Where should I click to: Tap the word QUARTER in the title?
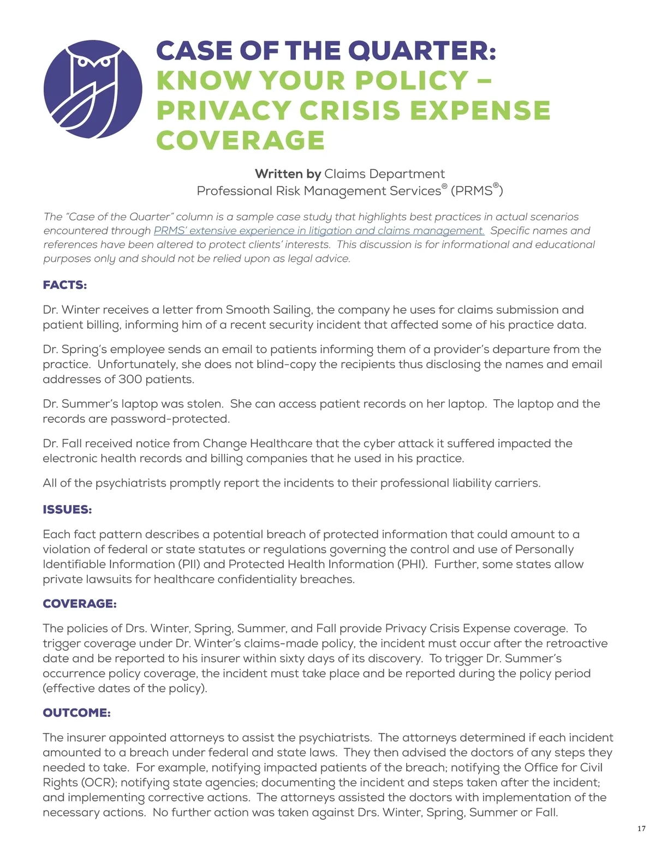tap(422, 51)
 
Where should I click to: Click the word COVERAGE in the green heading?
tap(241, 140)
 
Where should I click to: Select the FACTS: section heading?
tap(65, 285)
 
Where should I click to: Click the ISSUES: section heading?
tap(68, 509)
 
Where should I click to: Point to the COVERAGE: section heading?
tap(80, 604)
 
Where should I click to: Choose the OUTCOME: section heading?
tap(77, 713)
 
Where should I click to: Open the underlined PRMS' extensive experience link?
tap(319, 231)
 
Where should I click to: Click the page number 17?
tap(641, 829)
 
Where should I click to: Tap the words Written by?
tap(288, 174)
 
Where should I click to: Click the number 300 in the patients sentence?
tap(146, 379)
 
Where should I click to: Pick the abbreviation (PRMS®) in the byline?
tap(477, 190)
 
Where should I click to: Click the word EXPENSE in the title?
tap(480, 110)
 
